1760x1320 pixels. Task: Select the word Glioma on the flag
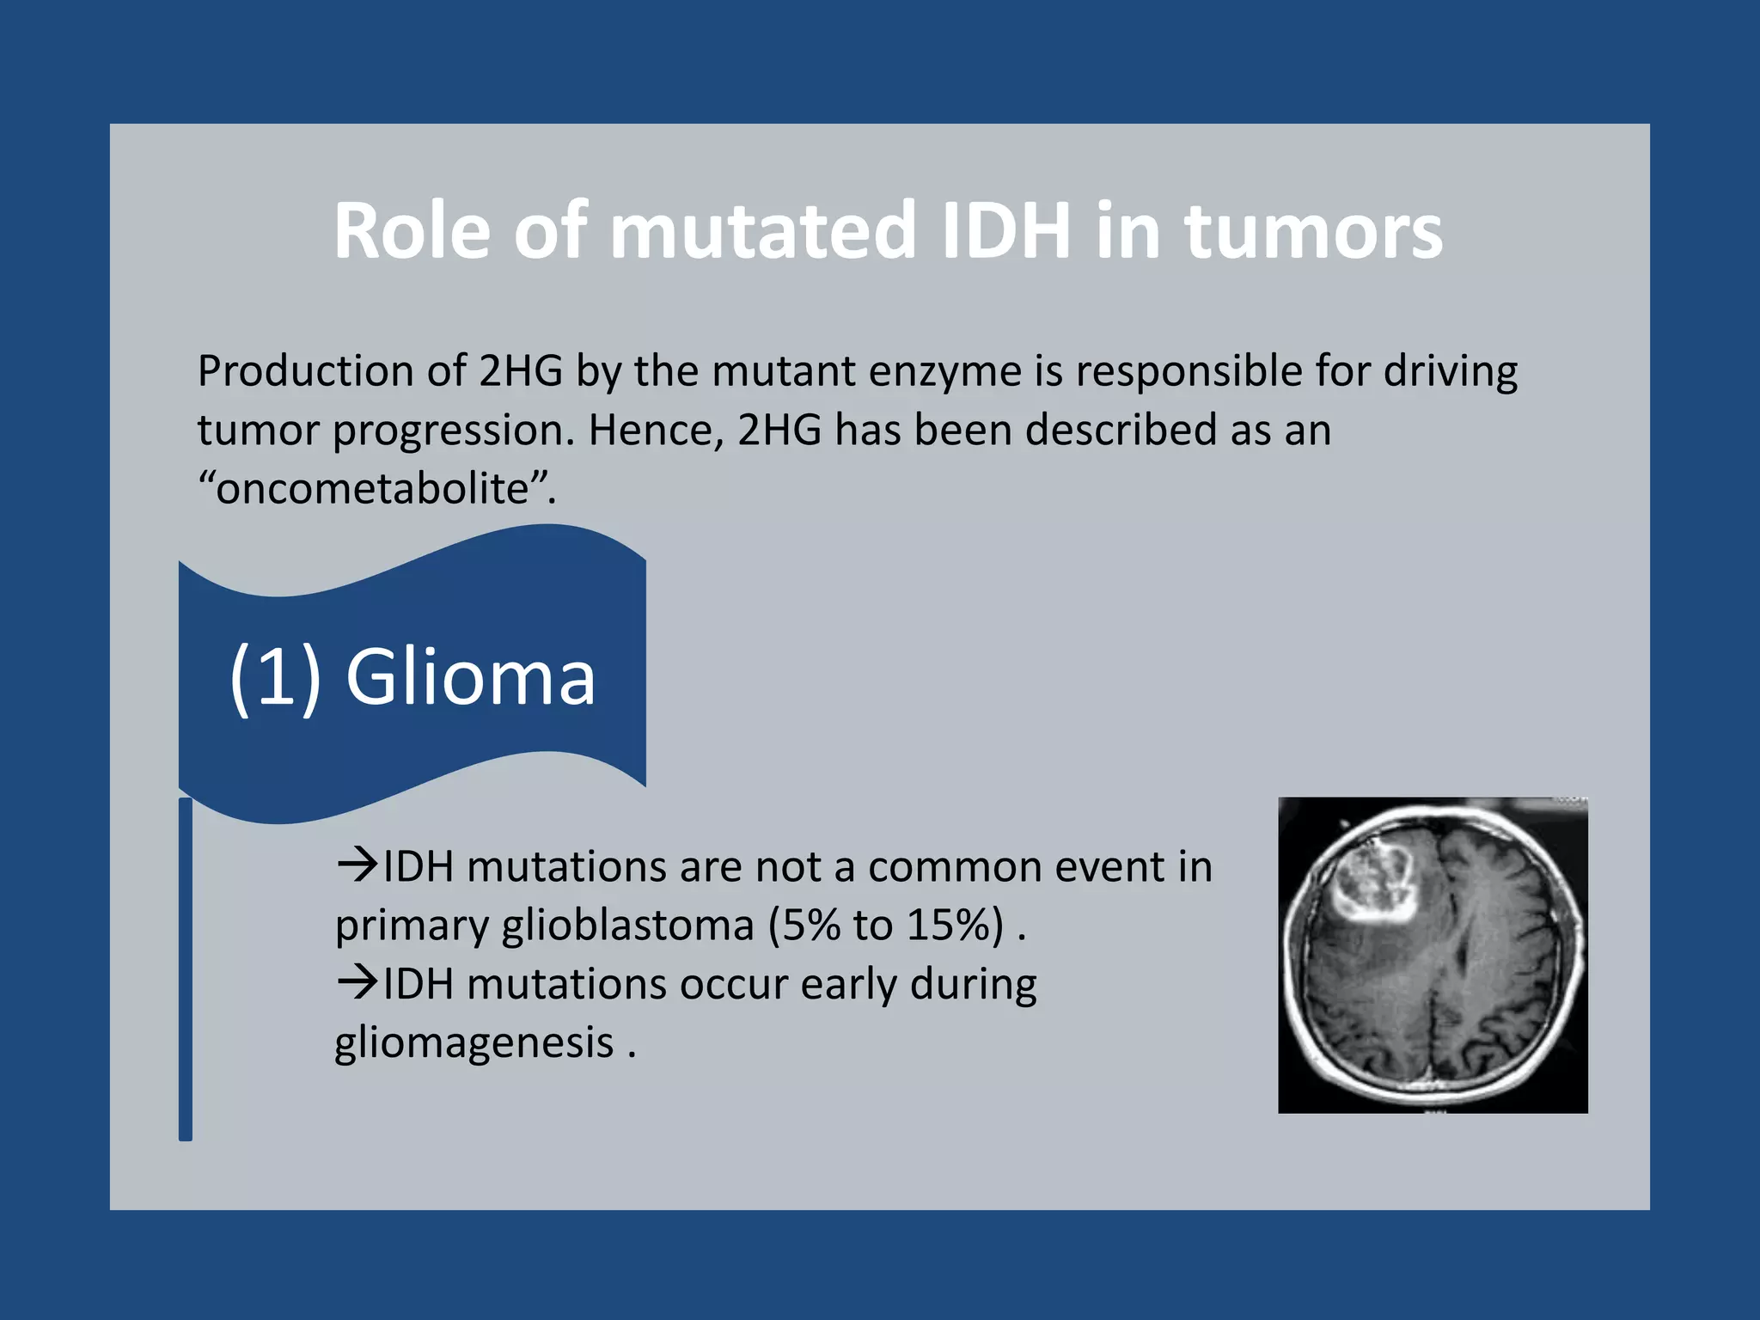[470, 678]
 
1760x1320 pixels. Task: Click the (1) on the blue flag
[275, 678]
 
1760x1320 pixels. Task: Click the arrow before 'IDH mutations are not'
[357, 865]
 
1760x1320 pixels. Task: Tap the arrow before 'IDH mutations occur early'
[357, 981]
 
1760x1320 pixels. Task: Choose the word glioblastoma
[627, 926]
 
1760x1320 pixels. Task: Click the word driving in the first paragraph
[1450, 372]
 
